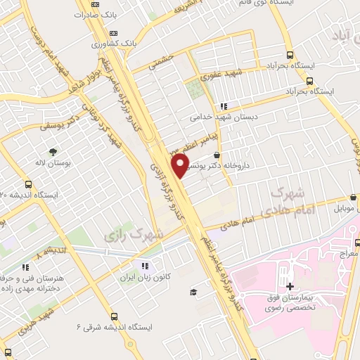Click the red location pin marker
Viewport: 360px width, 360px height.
[181, 166]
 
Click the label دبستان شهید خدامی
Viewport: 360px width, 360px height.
[222, 117]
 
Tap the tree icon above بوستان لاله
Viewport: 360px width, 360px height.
[53, 151]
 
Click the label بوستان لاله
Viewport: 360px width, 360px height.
[53, 163]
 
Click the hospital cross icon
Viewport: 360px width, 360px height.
[290, 286]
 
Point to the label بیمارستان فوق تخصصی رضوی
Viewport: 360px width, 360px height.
[290, 303]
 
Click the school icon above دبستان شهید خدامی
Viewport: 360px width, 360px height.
[224, 106]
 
